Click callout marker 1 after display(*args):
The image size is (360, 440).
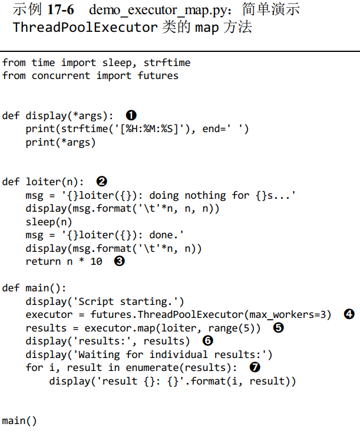click(131, 115)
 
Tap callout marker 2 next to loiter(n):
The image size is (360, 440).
click(102, 182)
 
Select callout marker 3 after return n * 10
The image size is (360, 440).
click(120, 261)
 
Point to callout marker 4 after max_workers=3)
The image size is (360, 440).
click(349, 314)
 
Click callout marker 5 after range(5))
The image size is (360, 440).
click(279, 328)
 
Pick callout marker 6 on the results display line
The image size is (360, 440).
click(207, 341)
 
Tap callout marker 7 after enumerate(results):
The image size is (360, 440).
click(255, 367)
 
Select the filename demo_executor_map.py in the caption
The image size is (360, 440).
click(158, 11)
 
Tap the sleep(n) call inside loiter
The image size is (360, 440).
click(49, 222)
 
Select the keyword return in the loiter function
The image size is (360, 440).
click(43, 261)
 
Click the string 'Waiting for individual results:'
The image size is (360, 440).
click(170, 354)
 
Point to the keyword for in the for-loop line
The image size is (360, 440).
click(34, 367)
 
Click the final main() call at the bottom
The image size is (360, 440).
click(19, 421)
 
